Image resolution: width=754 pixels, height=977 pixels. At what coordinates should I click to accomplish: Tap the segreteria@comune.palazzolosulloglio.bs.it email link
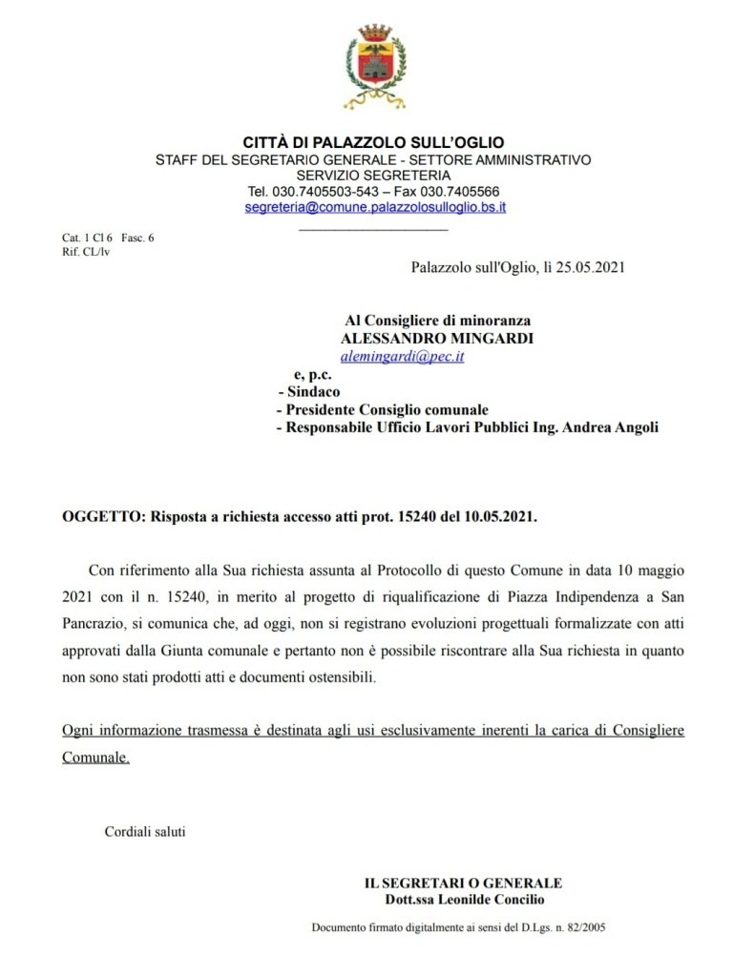[x=375, y=206]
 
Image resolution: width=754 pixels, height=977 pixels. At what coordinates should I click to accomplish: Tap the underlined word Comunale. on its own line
[x=95, y=758]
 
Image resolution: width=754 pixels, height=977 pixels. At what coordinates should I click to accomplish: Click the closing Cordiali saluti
[x=145, y=831]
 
